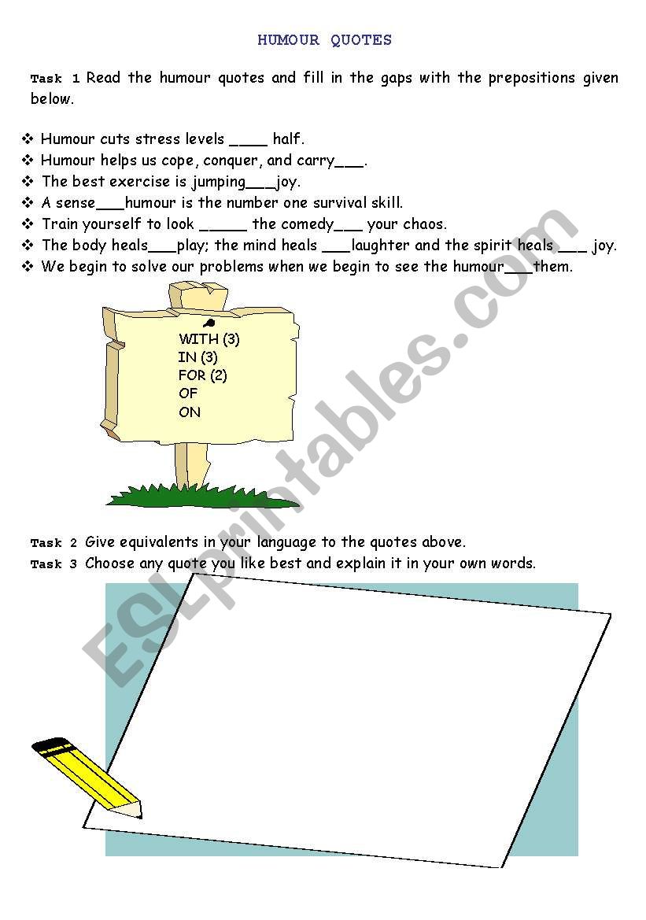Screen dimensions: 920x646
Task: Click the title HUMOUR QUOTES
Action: (x=324, y=40)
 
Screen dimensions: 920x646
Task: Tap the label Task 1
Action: (x=55, y=79)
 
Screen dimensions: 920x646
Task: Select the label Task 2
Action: (x=54, y=543)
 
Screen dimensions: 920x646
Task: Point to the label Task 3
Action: (x=54, y=564)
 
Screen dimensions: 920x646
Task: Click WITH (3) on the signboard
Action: (x=209, y=339)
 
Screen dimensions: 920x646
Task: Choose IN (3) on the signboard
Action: (x=197, y=357)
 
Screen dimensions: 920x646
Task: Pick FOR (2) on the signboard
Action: (x=202, y=375)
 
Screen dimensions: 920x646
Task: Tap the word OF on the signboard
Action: (x=187, y=393)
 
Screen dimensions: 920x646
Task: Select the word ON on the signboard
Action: (x=189, y=412)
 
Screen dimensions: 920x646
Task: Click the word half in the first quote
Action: (x=286, y=139)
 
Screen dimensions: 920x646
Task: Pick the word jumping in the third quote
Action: (x=218, y=182)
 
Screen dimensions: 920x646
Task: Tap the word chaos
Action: (x=424, y=224)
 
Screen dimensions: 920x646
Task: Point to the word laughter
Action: (x=380, y=246)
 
